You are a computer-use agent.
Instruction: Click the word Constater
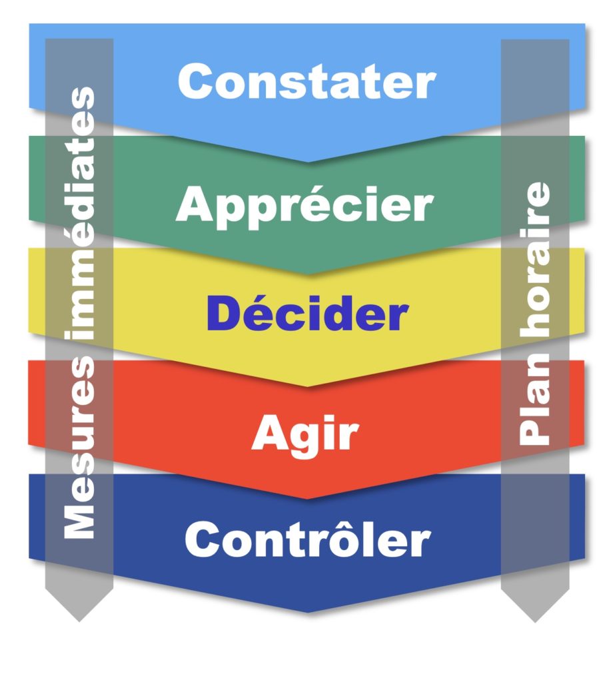[x=306, y=83]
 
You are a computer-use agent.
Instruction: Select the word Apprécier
[x=305, y=205]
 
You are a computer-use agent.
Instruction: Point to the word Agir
[x=305, y=434]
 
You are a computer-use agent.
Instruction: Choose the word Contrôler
[x=307, y=539]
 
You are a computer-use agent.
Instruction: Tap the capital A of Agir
[x=267, y=434]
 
